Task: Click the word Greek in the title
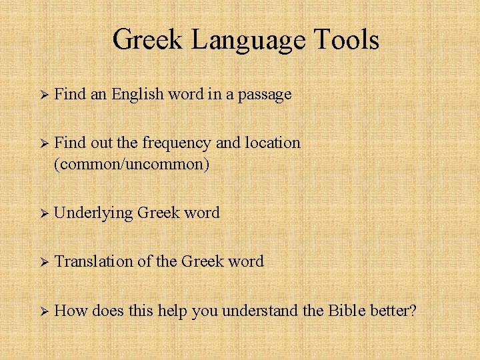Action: [x=148, y=40]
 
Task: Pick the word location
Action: [x=274, y=143]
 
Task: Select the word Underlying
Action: [x=93, y=213]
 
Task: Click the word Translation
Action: [x=93, y=261]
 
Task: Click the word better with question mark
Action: [x=393, y=310]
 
